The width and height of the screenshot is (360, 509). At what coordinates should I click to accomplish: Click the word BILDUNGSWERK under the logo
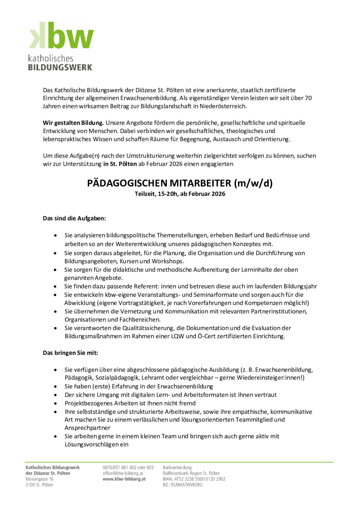click(x=60, y=68)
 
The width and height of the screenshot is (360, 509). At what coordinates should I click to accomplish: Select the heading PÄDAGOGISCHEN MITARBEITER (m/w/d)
click(x=180, y=183)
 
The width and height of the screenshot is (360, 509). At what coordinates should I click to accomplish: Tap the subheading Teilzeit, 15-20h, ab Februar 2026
click(x=180, y=194)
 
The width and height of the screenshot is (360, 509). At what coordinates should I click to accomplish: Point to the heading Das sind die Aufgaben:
click(x=74, y=218)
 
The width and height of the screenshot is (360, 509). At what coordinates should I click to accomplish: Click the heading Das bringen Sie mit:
click(x=71, y=353)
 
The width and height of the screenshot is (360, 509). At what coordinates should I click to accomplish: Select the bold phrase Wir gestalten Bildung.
click(x=73, y=123)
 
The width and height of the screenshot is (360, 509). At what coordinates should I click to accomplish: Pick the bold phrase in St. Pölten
click(x=120, y=164)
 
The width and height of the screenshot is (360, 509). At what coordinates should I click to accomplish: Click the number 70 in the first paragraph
click(x=308, y=98)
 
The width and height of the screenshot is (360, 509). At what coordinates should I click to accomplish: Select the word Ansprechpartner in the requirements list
click(x=87, y=428)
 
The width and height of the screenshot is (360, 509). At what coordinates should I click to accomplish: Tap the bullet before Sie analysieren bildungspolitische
click(x=55, y=235)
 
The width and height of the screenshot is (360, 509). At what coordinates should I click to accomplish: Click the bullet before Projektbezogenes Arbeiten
click(x=55, y=404)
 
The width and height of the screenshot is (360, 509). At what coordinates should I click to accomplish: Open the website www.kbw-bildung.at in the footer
click(x=124, y=479)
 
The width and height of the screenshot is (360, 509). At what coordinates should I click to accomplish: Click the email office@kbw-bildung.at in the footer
click(x=123, y=473)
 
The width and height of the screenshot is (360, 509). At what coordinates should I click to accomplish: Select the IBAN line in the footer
click(x=194, y=479)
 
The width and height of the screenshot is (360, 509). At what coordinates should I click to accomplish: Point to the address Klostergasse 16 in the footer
click(x=39, y=479)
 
